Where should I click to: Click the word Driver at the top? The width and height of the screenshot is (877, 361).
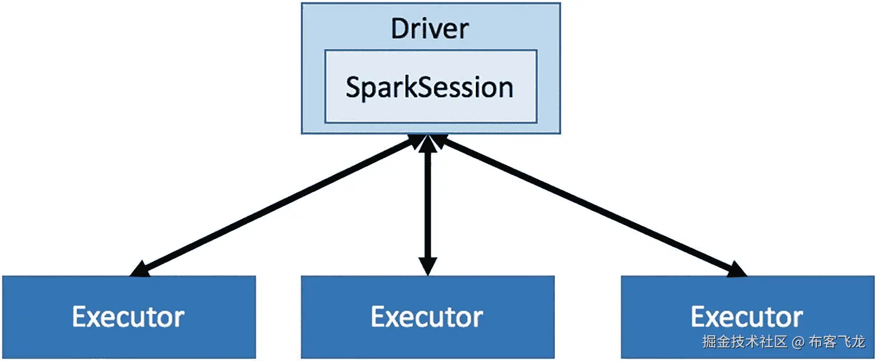point(430,29)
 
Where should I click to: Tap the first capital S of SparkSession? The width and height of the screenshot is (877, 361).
point(354,87)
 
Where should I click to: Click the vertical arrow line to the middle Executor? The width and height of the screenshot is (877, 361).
point(427,206)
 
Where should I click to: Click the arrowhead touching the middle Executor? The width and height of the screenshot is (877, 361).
point(427,266)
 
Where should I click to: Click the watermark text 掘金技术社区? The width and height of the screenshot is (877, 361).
point(744,342)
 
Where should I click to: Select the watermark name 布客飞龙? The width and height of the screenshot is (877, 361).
point(843,342)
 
